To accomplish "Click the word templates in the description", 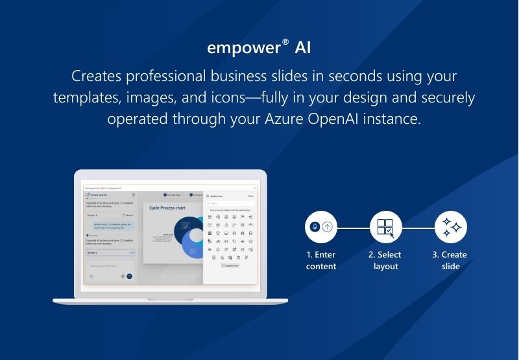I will coord(85,97).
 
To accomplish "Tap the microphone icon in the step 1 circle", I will coord(315,227).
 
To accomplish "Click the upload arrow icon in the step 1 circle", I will coord(328,227).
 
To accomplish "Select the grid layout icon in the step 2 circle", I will coord(385,227).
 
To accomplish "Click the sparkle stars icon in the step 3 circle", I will coord(451,227).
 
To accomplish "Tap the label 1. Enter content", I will coord(321,261).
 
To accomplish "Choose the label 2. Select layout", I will coord(385,261).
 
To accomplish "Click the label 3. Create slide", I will coord(450,261).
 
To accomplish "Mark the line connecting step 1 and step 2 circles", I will coord(354,228).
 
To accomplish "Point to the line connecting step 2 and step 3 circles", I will coord(418,228).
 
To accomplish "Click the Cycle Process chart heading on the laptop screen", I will coord(167,208).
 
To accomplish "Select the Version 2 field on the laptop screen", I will coord(110,252).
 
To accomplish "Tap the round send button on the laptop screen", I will coord(129,276).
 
